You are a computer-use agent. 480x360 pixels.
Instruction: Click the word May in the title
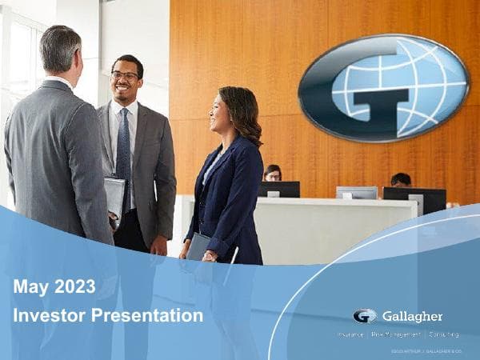click(30, 286)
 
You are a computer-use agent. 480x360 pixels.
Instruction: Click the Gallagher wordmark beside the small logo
click(411, 316)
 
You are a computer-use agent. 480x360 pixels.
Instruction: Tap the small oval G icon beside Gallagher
click(365, 316)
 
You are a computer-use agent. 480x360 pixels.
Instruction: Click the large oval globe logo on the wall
click(383, 88)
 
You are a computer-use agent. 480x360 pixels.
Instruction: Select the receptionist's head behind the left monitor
click(273, 172)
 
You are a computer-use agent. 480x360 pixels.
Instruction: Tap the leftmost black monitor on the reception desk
click(278, 189)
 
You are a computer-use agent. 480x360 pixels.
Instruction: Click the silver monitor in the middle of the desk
click(356, 192)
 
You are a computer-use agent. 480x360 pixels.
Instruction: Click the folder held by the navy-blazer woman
click(198, 246)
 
